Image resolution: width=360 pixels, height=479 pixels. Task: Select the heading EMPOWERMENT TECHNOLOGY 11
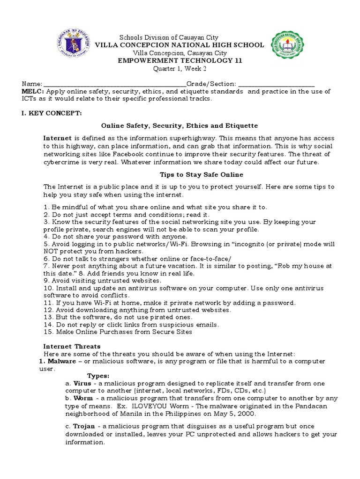coord(180,61)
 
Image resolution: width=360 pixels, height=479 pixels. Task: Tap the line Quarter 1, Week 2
coord(180,69)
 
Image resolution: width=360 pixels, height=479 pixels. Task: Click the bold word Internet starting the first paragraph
coord(58,138)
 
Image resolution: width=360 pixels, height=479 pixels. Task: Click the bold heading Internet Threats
coord(72,347)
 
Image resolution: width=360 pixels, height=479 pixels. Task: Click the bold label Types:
coord(98,376)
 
